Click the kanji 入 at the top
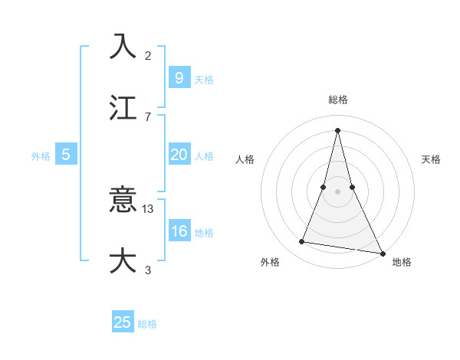point(123,46)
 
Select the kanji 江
point(123,107)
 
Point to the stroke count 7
point(148,116)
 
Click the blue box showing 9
point(179,77)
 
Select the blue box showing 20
point(179,155)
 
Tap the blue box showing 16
point(179,231)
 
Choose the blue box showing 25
point(123,322)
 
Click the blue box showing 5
point(66,155)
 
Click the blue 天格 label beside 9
point(204,79)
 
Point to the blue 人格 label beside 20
point(204,156)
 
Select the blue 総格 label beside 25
point(147,324)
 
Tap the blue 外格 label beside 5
point(41,156)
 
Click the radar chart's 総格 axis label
point(337,100)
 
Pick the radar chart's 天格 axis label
point(431,159)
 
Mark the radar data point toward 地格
point(382,253)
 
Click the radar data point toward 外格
point(302,242)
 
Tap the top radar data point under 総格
point(337,129)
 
